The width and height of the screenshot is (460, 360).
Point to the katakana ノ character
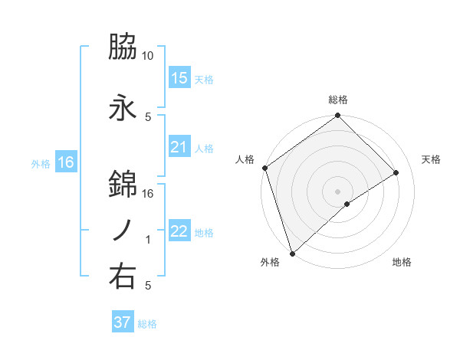[123, 231]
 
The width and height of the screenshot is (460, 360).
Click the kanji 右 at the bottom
[123, 277]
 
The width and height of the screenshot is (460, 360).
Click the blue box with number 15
[179, 78]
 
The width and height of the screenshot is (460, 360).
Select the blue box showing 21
[179, 147]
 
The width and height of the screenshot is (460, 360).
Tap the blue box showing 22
[179, 231]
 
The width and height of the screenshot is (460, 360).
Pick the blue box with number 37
[123, 322]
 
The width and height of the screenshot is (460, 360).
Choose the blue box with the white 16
[65, 162]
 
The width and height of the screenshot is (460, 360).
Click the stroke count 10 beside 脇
[148, 56]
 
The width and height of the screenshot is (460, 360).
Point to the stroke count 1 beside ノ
[148, 240]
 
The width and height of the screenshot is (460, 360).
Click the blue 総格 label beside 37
[147, 324]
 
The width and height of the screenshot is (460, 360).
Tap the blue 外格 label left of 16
[41, 163]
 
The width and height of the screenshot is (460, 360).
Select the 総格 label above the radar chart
[338, 100]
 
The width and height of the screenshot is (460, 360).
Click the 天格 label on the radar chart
[432, 159]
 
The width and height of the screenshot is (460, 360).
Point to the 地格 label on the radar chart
[402, 262]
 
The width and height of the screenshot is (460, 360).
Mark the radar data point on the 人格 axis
[264, 168]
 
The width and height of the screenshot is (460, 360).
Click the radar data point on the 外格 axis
[292, 253]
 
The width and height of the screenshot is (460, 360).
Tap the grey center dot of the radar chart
[337, 190]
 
